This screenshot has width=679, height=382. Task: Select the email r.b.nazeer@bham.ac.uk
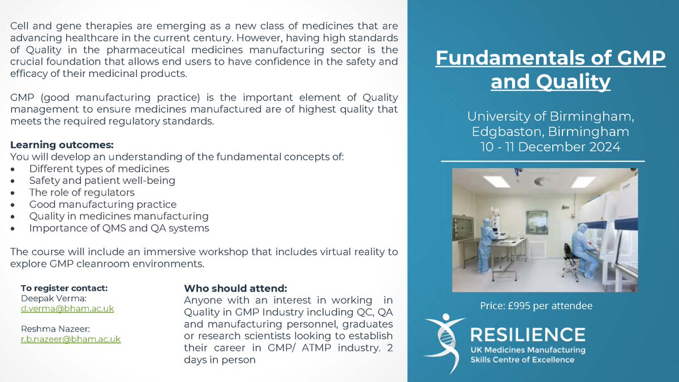[x=71, y=339]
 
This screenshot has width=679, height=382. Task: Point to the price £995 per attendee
[x=536, y=306]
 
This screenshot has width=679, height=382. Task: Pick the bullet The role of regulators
[x=81, y=192]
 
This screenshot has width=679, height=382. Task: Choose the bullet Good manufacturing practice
[x=103, y=204]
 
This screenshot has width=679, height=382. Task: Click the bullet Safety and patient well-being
[x=102, y=181]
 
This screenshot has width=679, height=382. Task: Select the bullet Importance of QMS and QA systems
[x=119, y=228]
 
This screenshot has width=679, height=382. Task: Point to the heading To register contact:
[x=64, y=287]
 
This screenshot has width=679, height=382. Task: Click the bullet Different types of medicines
[x=99, y=169]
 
